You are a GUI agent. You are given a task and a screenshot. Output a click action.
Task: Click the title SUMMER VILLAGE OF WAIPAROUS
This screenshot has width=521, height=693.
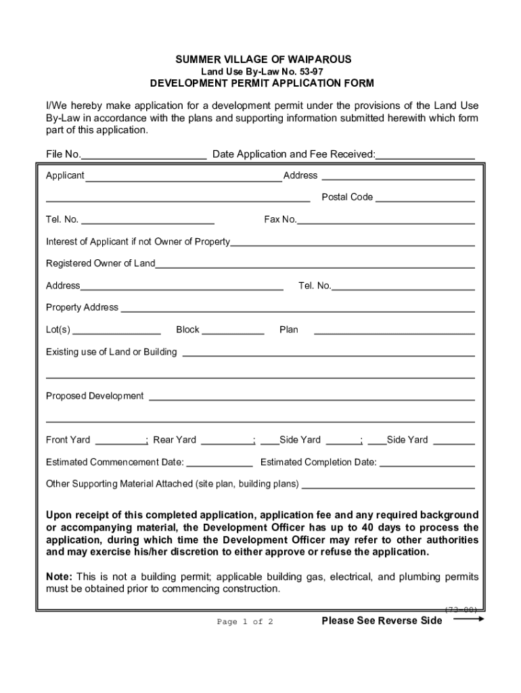263,60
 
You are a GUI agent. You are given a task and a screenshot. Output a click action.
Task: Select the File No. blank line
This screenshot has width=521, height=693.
144,156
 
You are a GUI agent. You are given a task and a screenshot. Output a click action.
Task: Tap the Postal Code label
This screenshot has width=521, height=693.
346,197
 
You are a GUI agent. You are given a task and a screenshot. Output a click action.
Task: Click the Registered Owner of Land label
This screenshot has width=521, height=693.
100,263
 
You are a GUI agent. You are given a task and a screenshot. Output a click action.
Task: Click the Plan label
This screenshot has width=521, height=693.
288,330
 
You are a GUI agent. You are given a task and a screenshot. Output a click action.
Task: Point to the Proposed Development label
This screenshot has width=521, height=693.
95,396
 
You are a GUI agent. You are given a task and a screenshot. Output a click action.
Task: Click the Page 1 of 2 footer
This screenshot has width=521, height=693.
244,622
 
